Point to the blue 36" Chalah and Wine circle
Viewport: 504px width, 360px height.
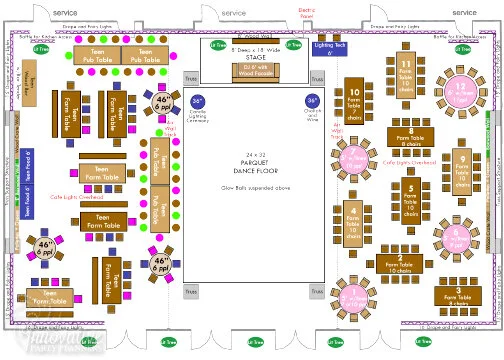[313, 104]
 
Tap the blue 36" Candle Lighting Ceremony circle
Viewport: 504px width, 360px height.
[197, 104]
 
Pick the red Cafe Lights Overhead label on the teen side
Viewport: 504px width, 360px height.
[77, 197]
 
